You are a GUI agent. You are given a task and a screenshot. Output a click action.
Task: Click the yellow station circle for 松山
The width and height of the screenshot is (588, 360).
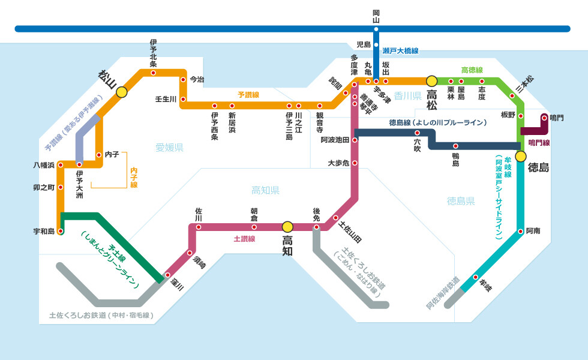tap(121, 92)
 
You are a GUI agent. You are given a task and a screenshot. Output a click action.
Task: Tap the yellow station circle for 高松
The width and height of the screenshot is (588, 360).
tap(431, 81)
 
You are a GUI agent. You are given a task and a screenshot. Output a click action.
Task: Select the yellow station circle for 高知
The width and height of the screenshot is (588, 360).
tap(287, 227)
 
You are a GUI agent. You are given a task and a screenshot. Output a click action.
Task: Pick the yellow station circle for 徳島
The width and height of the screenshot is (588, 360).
tap(521, 157)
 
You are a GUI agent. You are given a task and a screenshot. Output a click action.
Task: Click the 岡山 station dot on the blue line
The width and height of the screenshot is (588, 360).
tap(376, 29)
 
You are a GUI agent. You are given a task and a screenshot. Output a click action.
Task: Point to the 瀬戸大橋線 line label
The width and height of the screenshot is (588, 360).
tap(401, 51)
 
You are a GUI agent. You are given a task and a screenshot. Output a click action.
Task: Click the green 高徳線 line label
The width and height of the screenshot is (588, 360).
tap(472, 70)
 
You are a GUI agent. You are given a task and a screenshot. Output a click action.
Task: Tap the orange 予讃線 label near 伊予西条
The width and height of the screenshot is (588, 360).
tap(248, 95)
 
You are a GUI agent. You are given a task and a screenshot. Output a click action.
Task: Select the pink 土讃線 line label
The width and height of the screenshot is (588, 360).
tap(245, 239)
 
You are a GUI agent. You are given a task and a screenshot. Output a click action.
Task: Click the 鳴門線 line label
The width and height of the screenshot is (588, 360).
tap(539, 143)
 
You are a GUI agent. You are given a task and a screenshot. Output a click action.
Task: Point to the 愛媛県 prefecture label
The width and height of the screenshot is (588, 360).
tap(169, 148)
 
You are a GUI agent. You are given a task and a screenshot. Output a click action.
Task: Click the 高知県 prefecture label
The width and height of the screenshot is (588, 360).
tap(265, 191)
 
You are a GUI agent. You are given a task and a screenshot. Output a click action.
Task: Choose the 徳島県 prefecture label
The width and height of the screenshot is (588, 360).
tap(461, 201)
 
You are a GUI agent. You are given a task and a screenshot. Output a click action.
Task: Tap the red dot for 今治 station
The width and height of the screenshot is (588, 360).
tap(183, 79)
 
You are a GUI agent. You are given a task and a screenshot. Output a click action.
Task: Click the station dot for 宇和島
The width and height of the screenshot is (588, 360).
tap(61, 232)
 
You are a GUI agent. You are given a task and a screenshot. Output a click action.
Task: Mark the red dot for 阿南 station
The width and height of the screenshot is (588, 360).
tap(521, 232)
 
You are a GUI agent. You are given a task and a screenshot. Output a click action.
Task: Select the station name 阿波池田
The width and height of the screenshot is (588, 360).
tap(335, 140)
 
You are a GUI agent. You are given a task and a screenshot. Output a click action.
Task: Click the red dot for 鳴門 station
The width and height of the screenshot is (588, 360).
tap(544, 118)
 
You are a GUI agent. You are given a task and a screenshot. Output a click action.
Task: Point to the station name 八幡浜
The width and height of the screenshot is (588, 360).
tap(44, 165)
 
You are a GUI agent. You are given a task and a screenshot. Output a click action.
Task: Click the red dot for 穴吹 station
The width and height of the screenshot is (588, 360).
tap(417, 133)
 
